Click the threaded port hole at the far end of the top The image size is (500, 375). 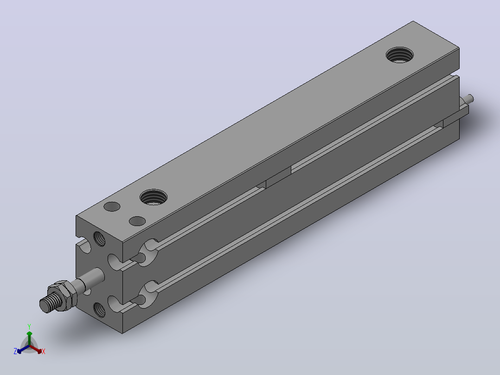pos(399,55)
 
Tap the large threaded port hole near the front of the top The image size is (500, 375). pos(154,197)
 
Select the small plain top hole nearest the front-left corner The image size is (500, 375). pos(112,207)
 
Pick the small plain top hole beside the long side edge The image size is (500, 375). pos(137,221)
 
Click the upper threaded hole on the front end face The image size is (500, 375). pos(99,239)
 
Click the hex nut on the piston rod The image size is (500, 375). pos(63,295)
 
